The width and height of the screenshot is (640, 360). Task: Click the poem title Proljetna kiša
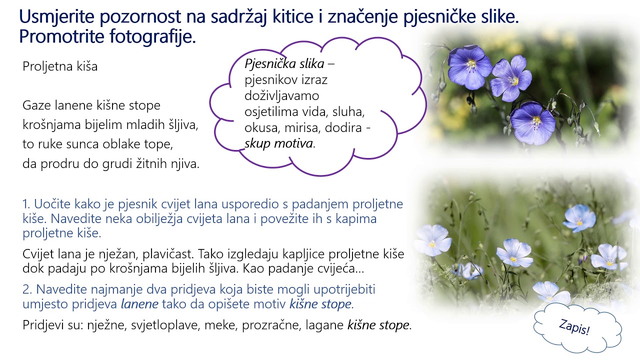click(60, 67)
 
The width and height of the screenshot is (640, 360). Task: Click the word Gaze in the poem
click(35, 106)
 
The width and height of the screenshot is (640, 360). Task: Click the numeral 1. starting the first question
click(27, 204)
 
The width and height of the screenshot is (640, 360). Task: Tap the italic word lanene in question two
click(140, 304)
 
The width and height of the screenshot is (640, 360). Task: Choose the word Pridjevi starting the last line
click(42, 325)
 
